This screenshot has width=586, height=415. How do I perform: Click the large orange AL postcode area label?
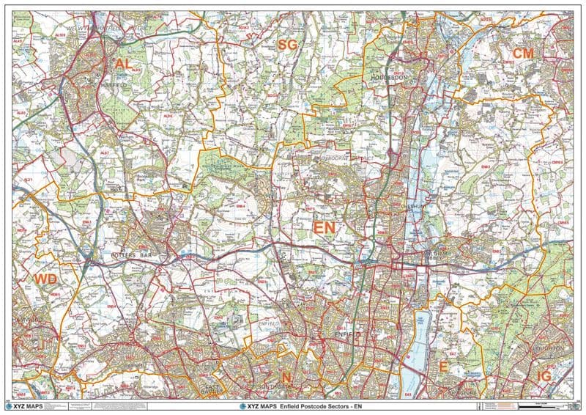123,65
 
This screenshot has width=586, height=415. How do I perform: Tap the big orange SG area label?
288,45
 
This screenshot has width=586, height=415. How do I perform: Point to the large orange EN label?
324,228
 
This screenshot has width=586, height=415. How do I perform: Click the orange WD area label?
45,279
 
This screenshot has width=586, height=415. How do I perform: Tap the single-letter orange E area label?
442,367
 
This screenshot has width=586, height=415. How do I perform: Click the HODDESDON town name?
388,77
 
